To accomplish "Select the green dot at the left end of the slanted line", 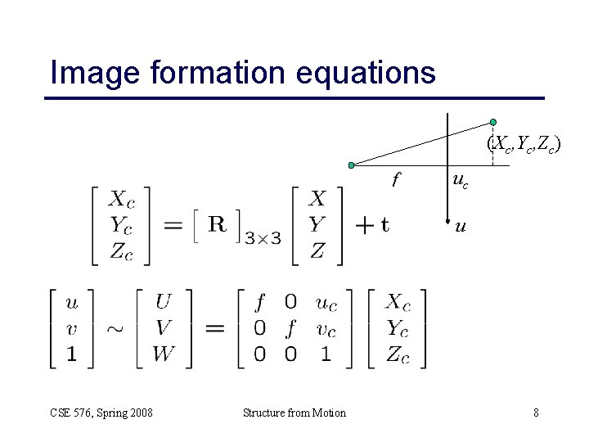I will tap(351, 165).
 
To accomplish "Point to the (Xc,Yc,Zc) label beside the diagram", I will tap(523, 145).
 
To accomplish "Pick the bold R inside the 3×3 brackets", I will tap(218, 224).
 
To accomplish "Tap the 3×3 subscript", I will tap(263, 237).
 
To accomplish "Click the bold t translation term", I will tap(384, 225).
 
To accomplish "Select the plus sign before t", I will tap(362, 225).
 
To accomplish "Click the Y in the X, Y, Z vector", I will tap(317, 224).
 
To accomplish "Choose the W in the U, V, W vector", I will tap(163, 354).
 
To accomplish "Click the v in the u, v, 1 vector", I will tap(72, 329).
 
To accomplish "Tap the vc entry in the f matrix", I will tap(325, 329).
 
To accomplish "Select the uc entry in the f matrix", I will tap(325, 303).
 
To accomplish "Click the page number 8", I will tap(536, 413).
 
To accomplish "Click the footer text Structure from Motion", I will tap(294, 413).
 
